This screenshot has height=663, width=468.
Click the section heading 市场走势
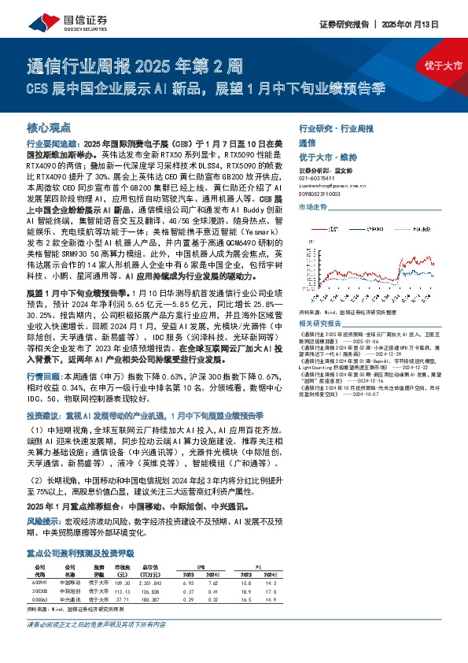[x=314, y=207]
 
